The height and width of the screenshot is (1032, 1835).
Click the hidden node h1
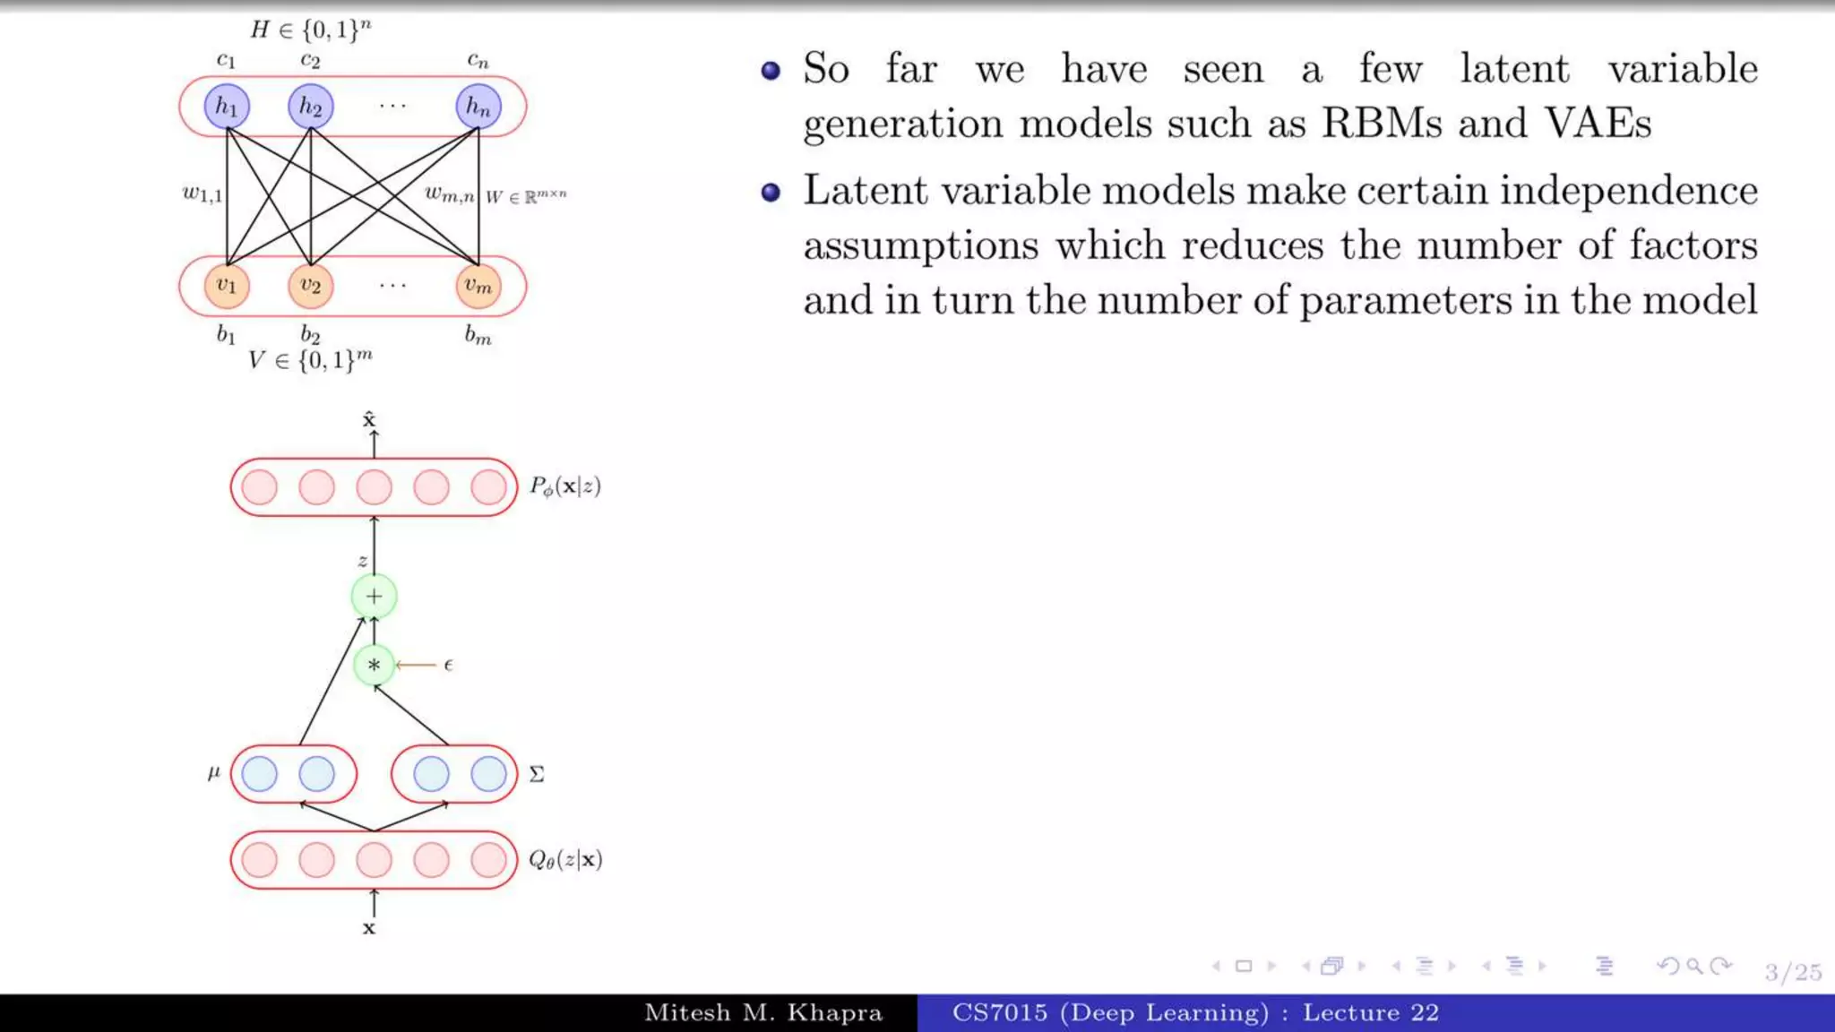point(227,107)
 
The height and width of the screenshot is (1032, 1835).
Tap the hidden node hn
point(478,107)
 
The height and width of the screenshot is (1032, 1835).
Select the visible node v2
point(310,286)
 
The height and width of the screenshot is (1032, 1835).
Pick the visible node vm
point(478,286)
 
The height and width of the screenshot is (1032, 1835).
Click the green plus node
point(374,597)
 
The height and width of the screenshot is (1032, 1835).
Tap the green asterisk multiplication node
point(374,666)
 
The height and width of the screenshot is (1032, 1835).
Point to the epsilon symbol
point(448,665)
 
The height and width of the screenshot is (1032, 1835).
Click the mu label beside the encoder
point(213,772)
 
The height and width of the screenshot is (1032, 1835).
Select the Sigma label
point(536,774)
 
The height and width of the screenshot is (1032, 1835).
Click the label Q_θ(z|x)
point(565,860)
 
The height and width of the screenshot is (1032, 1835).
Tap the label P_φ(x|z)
point(564,486)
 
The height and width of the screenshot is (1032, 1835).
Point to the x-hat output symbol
point(369,419)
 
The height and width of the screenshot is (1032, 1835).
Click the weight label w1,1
point(202,193)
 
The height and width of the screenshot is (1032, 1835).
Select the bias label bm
point(478,336)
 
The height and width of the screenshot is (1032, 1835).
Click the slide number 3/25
point(1793,972)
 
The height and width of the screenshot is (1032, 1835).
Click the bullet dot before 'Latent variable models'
point(771,192)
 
